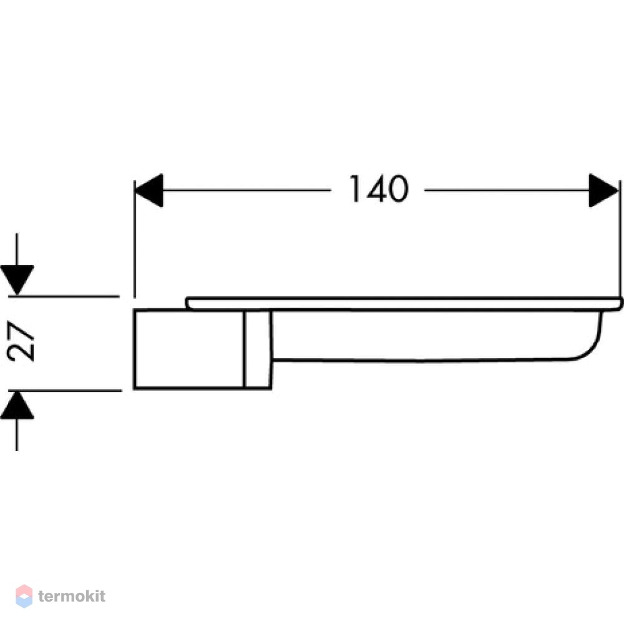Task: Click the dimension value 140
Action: point(379,189)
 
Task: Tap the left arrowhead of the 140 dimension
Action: point(149,190)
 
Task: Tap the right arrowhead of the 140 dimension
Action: point(603,190)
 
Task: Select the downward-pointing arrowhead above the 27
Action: point(17,280)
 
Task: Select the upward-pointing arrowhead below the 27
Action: point(17,405)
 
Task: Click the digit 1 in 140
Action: point(354,189)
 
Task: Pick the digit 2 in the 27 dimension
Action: point(21,351)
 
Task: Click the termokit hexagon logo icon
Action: point(24,596)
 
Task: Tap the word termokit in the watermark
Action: point(72,596)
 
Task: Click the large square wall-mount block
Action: point(188,349)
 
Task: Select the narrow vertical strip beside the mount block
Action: point(258,349)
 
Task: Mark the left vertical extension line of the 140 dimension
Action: point(135,239)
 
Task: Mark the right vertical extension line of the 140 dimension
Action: point(620,239)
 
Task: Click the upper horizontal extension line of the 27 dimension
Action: point(64,296)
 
